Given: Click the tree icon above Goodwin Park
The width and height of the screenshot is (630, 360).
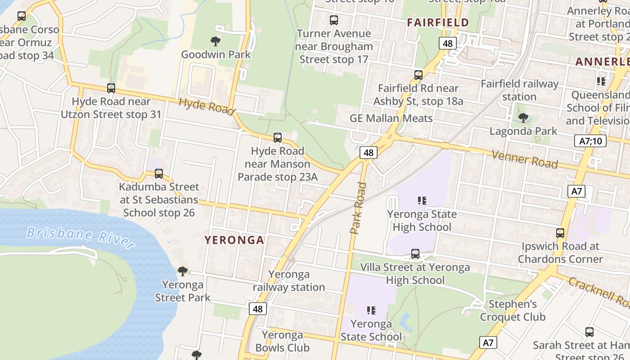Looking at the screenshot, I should tap(216, 41).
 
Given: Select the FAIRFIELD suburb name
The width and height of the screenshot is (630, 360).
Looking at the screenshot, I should tap(437, 22).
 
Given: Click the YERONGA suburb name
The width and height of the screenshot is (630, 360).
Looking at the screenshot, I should tap(234, 240).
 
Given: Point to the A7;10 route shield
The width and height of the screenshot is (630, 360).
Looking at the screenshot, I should tap(590, 141).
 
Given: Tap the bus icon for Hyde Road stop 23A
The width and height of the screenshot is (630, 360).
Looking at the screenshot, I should tap(278, 138).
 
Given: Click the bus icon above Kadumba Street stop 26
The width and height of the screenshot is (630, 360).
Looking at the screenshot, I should tap(158, 174).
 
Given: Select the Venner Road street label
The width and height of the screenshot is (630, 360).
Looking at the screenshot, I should tap(524, 159).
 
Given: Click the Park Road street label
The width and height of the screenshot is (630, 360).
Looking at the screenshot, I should tap(358, 208).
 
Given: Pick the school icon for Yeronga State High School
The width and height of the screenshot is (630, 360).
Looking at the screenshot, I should tap(422, 201).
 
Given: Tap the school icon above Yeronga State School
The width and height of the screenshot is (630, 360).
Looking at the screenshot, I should tap(371, 310).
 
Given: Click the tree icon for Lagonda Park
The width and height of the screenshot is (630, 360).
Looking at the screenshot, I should tap(523, 118).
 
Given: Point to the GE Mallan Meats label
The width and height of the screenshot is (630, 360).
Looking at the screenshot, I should tap(391, 118).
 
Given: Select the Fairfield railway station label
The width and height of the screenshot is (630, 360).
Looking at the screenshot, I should tap(519, 90).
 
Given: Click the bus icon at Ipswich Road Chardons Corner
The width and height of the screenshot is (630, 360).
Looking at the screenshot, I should tap(560, 233).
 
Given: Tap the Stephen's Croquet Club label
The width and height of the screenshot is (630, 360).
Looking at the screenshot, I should tap(513, 310).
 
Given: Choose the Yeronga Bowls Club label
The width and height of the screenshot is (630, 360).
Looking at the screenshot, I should tap(282, 341).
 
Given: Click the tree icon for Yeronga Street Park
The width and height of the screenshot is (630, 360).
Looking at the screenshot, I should tap(183, 271).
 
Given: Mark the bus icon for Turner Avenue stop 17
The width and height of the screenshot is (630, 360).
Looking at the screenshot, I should tap(333, 20).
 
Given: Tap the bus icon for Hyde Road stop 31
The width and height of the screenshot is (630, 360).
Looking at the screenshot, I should tap(111, 88).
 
